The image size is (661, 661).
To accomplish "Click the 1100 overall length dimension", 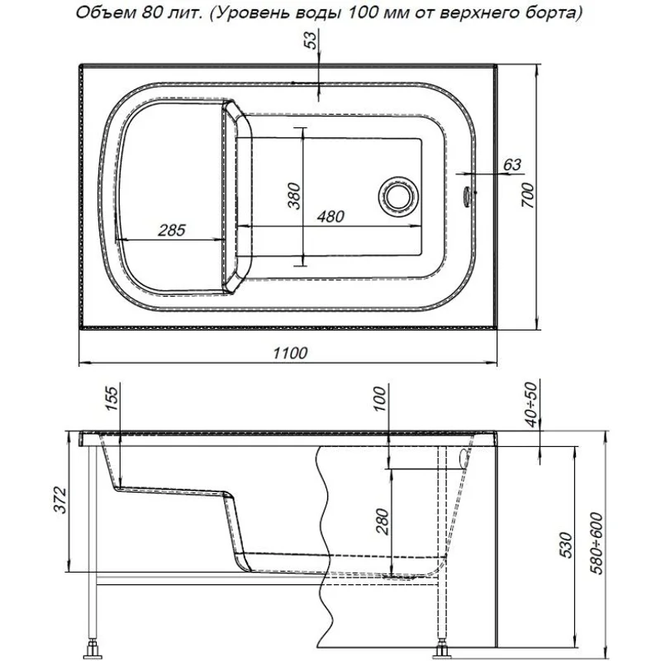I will click(290, 353).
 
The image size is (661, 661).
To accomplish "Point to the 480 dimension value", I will click(330, 216).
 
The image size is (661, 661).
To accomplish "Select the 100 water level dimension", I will click(379, 401).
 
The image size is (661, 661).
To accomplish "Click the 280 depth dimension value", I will click(380, 521).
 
